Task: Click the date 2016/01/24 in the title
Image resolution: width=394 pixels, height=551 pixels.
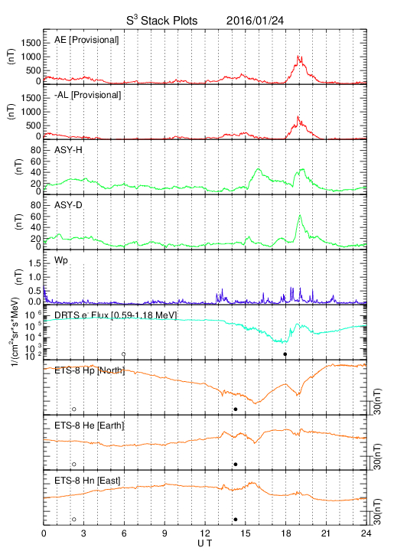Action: tap(255, 21)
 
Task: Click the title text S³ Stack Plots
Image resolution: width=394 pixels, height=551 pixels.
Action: tap(162, 21)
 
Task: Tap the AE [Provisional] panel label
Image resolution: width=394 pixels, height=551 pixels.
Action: tap(86, 40)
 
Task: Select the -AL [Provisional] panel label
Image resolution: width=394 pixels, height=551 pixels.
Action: tap(88, 95)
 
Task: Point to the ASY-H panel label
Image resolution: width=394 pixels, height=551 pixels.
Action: tap(68, 150)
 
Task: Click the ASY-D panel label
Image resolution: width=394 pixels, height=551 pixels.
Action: tap(68, 205)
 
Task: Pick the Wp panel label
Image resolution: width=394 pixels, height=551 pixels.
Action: tap(61, 261)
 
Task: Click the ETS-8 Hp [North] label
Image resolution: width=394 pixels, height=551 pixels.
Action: tap(90, 370)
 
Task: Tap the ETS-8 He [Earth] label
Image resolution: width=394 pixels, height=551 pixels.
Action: tap(90, 425)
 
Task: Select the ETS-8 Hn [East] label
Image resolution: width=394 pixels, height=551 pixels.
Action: tap(87, 481)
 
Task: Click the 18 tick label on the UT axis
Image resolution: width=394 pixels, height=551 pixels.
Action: tap(286, 533)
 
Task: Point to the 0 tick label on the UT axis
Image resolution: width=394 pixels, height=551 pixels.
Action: tap(44, 533)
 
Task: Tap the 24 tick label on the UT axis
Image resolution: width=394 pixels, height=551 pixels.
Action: tap(366, 533)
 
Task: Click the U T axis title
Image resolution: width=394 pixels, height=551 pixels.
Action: tap(205, 543)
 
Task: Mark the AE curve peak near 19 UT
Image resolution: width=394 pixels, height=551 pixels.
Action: tap(298, 56)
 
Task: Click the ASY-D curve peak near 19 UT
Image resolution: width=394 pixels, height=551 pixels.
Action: tap(300, 215)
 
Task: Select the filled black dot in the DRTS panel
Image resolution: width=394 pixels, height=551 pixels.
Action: tap(285, 354)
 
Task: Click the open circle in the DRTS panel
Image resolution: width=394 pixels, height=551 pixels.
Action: tap(124, 354)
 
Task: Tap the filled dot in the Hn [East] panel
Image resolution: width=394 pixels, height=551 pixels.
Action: tap(236, 520)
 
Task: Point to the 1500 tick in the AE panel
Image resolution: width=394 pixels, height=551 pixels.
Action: tap(31, 43)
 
